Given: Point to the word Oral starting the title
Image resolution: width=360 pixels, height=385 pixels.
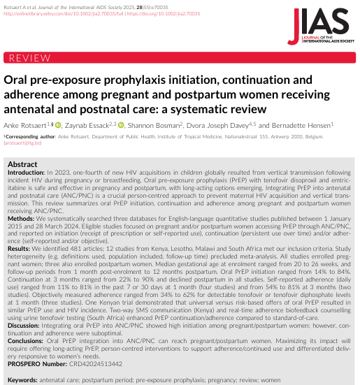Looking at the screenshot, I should (18, 81).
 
